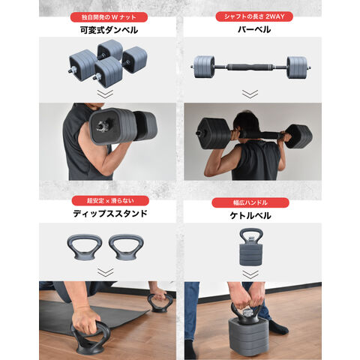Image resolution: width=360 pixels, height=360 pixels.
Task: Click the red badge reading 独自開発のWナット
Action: [109, 17]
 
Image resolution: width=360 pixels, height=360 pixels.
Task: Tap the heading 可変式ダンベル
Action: [109, 30]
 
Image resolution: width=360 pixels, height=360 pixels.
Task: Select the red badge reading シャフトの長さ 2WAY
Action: [254, 16]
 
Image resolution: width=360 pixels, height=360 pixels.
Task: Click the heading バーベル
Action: [254, 29]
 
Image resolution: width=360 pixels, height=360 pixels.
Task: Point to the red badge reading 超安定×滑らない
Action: [110, 201]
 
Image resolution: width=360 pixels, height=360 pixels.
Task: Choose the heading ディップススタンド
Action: [110, 214]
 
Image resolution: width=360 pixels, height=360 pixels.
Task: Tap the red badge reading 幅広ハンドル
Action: [250, 202]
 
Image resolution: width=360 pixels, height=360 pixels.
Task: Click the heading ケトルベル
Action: [250, 215]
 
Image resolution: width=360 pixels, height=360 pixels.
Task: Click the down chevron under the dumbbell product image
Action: [105, 94]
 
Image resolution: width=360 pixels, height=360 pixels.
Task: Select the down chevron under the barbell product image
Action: [250, 94]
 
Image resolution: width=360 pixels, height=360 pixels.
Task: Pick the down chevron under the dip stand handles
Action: [106, 272]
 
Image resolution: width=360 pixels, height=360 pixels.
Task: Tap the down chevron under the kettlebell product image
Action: [250, 274]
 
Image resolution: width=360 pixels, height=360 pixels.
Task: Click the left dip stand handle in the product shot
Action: [85, 255]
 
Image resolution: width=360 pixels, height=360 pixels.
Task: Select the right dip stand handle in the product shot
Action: [126, 255]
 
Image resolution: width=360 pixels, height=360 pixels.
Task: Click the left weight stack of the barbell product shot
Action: [204, 67]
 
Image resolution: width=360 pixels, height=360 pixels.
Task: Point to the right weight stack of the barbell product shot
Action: [297, 67]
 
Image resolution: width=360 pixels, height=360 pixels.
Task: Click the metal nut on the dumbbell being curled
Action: [103, 125]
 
